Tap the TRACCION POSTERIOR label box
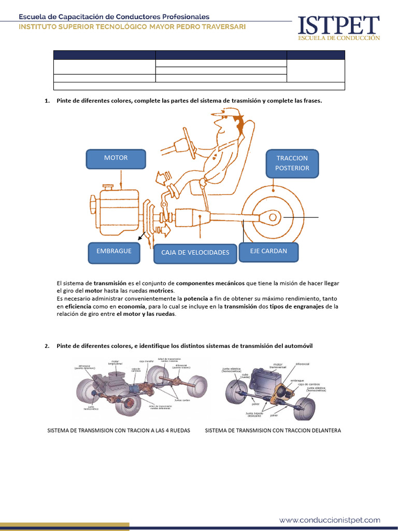click(292, 163)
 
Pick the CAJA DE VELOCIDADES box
click(195, 253)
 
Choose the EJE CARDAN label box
click(268, 251)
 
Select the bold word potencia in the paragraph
click(196, 299)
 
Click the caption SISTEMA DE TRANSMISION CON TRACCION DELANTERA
click(273, 430)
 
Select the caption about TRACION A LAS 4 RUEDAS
click(119, 430)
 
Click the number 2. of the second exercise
click(47, 345)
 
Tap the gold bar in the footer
click(64, 526)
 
